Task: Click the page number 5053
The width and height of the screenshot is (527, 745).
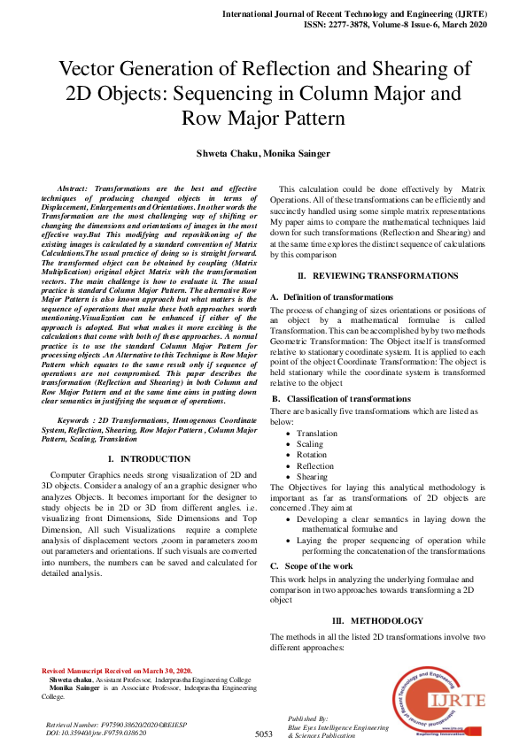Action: click(x=263, y=733)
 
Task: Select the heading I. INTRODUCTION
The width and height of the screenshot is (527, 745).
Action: click(x=148, y=459)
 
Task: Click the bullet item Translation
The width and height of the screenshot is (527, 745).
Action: click(x=316, y=434)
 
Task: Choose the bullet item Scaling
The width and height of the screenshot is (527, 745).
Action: click(x=310, y=444)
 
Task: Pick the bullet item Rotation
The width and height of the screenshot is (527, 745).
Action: click(x=312, y=455)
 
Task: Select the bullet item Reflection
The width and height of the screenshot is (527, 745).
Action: click(x=315, y=465)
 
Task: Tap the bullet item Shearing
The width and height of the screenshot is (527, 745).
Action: click(x=312, y=476)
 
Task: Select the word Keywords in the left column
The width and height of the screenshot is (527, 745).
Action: click(x=75, y=418)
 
